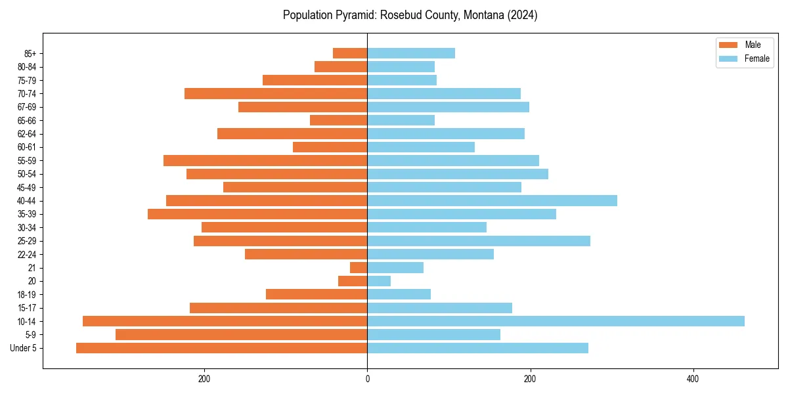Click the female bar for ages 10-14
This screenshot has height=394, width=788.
[556, 321]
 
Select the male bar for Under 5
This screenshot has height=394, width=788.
[221, 348]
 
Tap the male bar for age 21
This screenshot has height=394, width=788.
[359, 268]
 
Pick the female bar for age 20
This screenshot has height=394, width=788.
[379, 281]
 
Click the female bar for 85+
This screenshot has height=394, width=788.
[411, 53]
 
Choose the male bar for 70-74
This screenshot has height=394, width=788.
[276, 94]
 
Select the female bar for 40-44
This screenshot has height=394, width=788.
[492, 201]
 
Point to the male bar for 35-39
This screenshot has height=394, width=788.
[257, 214]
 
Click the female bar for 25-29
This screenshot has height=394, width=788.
[479, 241]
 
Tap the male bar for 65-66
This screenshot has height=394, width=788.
[338, 120]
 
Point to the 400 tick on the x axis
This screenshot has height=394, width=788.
[692, 380]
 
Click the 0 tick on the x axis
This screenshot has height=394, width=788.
[367, 380]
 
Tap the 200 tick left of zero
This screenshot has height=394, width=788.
[204, 380]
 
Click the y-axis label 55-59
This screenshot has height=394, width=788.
[27, 161]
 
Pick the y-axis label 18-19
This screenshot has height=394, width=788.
[27, 295]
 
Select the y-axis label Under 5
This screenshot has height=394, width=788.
[24, 348]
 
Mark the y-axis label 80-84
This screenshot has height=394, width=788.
[27, 67]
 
